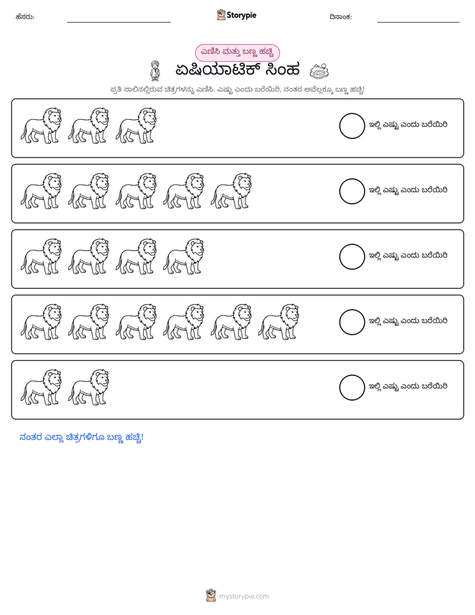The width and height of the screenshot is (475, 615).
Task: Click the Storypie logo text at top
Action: click(241, 15)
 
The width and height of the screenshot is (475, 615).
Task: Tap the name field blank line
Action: click(118, 23)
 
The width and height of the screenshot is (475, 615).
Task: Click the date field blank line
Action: click(418, 23)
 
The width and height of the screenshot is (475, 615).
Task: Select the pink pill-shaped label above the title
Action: click(237, 53)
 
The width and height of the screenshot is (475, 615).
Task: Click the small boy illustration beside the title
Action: click(155, 71)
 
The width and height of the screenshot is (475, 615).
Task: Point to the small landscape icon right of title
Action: click(319, 71)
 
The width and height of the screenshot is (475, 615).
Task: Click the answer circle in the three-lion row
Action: click(352, 126)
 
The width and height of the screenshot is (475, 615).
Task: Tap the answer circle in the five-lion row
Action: click(352, 192)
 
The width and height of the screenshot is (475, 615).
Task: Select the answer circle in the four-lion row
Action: click(352, 257)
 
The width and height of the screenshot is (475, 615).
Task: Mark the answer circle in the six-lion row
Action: click(352, 322)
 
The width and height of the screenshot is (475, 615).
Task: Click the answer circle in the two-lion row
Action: click(352, 387)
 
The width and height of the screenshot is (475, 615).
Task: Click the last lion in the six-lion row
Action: click(278, 321)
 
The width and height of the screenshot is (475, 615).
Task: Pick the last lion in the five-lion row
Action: click(231, 191)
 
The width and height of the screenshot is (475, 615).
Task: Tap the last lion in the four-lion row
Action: click(184, 256)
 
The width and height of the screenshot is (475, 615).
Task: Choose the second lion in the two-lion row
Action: click(88, 387)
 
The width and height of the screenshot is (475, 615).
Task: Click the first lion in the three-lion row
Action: click(41, 126)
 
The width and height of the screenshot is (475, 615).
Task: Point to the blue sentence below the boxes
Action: click(82, 437)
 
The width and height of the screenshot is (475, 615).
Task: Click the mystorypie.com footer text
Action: click(243, 596)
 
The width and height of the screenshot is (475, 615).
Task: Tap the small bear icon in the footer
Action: click(211, 596)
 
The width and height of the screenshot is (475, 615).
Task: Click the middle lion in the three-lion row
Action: click(88, 126)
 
